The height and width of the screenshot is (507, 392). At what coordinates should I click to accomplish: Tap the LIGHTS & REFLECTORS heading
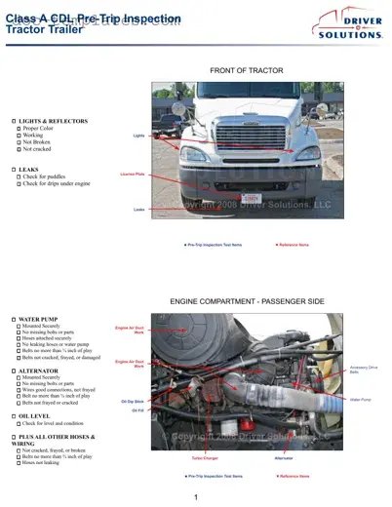click(x=53, y=121)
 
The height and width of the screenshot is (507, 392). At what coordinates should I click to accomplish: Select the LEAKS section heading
click(x=28, y=169)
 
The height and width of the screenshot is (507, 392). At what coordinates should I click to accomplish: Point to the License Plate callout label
click(x=133, y=174)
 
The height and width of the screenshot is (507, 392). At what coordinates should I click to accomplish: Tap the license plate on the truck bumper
click(x=251, y=197)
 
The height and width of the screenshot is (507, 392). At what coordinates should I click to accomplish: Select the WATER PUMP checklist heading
click(x=40, y=319)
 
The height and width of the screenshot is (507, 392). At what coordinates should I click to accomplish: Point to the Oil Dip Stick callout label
click(x=133, y=401)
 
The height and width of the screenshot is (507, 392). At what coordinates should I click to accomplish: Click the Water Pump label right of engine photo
click(x=360, y=399)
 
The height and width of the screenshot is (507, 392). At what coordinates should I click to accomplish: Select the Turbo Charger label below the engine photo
click(x=204, y=457)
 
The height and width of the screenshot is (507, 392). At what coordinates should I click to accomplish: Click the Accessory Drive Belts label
click(x=362, y=370)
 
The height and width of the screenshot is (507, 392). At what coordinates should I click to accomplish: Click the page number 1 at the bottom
click(x=196, y=497)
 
